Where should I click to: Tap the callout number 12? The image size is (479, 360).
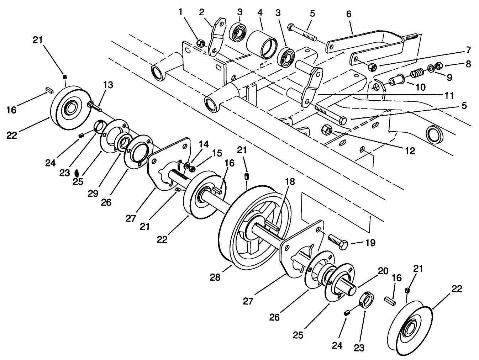(410, 151)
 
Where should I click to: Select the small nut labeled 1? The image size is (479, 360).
(201, 43)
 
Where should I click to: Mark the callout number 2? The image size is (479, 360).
(202, 12)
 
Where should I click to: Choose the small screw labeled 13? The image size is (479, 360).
(91, 105)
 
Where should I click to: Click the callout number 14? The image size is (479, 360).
(204, 144)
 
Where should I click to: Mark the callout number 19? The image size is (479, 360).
(370, 243)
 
